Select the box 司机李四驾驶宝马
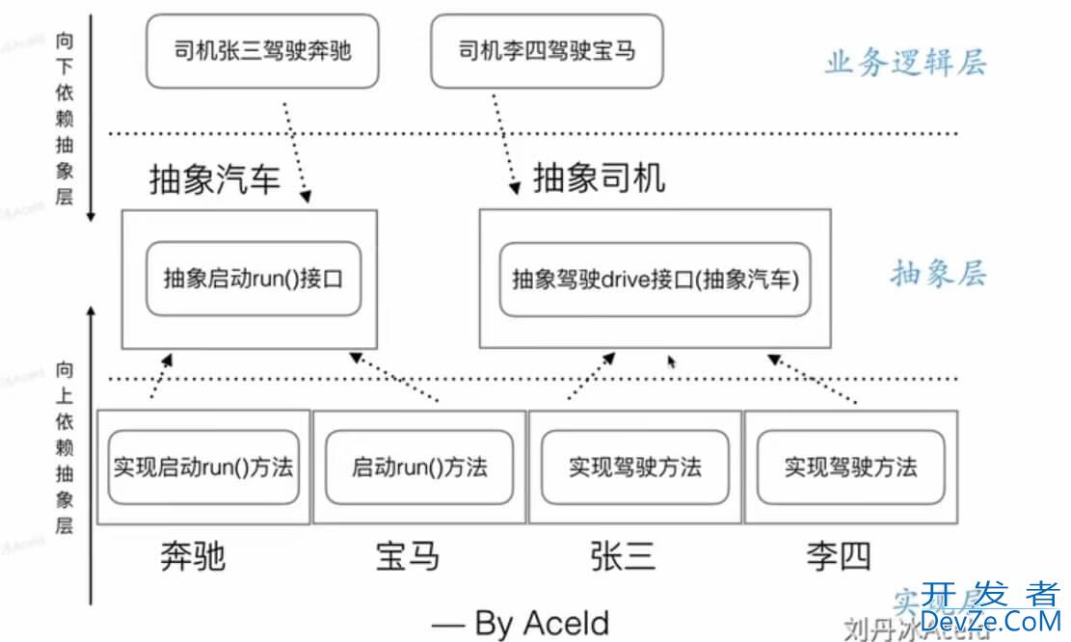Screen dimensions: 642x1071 [547, 49]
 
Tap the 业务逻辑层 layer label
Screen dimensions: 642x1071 [905, 64]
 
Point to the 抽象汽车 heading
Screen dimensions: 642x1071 [214, 180]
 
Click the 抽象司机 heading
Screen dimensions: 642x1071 [599, 177]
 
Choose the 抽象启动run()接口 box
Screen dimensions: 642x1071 [254, 280]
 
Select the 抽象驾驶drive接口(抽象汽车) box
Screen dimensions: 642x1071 [656, 280]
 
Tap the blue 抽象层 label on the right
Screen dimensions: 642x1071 [937, 274]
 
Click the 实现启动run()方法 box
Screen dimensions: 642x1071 [202, 468]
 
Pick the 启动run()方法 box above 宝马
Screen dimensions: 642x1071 [419, 468]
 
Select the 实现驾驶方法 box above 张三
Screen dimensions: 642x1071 [634, 468]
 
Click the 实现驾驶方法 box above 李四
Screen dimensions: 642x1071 [850, 468]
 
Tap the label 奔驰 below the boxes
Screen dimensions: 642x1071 [193, 556]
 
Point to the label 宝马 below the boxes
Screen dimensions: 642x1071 [407, 556]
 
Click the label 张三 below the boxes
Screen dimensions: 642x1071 [623, 556]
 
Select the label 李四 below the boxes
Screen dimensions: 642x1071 [838, 556]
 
